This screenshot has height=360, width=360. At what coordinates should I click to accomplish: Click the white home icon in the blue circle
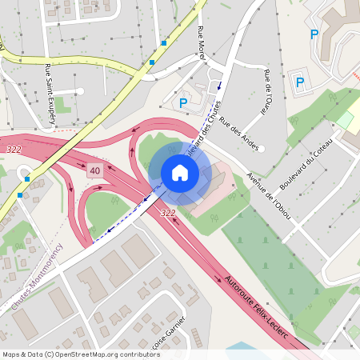pos(179,172)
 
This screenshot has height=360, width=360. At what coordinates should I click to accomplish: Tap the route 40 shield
pos(95,170)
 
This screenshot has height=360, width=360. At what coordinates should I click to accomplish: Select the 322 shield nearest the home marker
pos(168,213)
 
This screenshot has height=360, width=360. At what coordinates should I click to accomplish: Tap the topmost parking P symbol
pos(314,34)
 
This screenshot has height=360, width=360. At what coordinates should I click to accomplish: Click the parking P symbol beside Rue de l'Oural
pos(300,82)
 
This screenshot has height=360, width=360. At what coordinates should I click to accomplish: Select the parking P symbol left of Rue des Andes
pos(183,102)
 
